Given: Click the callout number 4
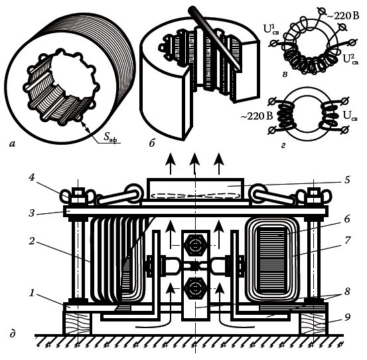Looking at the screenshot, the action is pyautogui.click(x=32, y=178).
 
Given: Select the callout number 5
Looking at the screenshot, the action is pyautogui.click(x=347, y=179).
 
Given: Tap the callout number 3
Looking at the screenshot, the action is pyautogui.click(x=32, y=213).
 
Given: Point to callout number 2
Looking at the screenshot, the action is pyautogui.click(x=32, y=241).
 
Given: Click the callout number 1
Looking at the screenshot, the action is pyautogui.click(x=32, y=293).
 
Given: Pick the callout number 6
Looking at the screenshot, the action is pyautogui.click(x=347, y=219).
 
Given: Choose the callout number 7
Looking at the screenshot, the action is pyautogui.click(x=347, y=240).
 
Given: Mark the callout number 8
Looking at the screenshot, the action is pyautogui.click(x=347, y=292).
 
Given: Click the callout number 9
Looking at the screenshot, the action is pyautogui.click(x=347, y=317).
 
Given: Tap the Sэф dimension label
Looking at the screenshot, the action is pyautogui.click(x=110, y=137).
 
